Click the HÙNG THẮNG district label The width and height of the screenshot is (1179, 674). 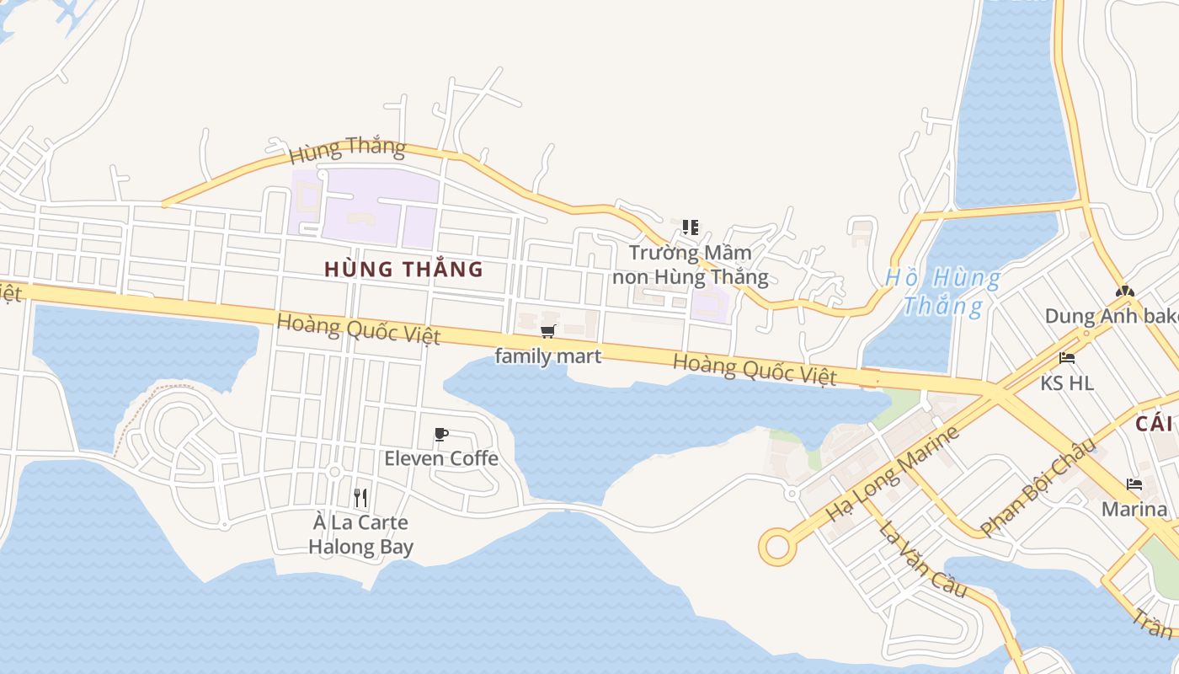coord(403,270)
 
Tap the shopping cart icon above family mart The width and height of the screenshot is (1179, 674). coord(548,331)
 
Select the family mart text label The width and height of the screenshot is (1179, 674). coord(548,356)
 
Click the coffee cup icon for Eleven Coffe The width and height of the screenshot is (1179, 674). coord(440,435)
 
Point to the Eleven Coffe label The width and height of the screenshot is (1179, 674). coord(441,458)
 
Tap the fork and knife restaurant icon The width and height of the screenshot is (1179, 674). coord(360,498)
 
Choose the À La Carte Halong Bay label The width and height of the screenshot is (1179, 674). coord(360,535)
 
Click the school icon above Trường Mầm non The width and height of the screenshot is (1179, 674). coord(691,227)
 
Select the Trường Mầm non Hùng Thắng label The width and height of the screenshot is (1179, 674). coord(691,265)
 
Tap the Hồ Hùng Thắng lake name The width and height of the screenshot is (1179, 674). coord(942,292)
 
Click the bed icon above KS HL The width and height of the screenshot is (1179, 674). coord(1067,358)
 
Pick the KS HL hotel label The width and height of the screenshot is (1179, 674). coord(1067,383)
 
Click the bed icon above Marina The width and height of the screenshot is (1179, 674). coord(1134,484)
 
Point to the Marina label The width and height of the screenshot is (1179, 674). coord(1134,510)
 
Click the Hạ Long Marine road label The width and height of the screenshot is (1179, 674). coord(893,473)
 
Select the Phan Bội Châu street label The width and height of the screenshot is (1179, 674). coord(1038,487)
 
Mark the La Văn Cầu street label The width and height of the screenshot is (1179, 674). coord(922,559)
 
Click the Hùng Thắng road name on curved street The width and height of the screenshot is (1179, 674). coord(347,150)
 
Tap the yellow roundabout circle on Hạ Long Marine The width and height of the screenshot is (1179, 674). coord(777,547)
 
